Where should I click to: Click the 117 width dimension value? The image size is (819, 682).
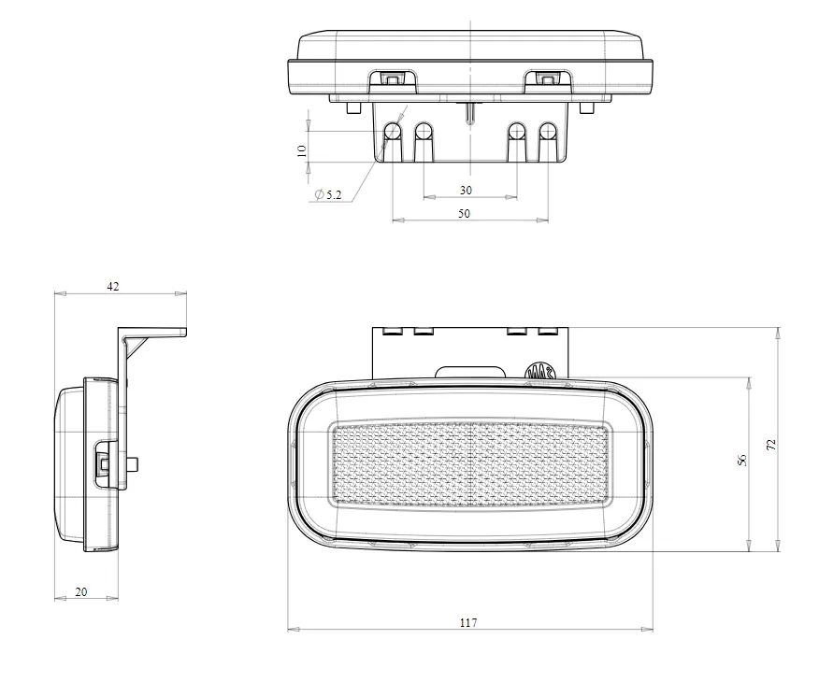[x=468, y=622]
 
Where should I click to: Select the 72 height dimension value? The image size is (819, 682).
[x=771, y=445]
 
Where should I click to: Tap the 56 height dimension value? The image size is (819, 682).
[x=742, y=461]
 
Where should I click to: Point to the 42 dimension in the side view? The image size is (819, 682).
[x=113, y=286]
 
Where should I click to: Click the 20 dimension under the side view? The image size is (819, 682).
[x=81, y=591]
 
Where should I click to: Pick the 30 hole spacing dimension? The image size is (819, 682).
[x=466, y=191]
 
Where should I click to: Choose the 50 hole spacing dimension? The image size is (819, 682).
[x=464, y=213]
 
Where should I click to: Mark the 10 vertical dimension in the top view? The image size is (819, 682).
[x=301, y=150]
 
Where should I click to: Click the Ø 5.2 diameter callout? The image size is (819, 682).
[x=328, y=194]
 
